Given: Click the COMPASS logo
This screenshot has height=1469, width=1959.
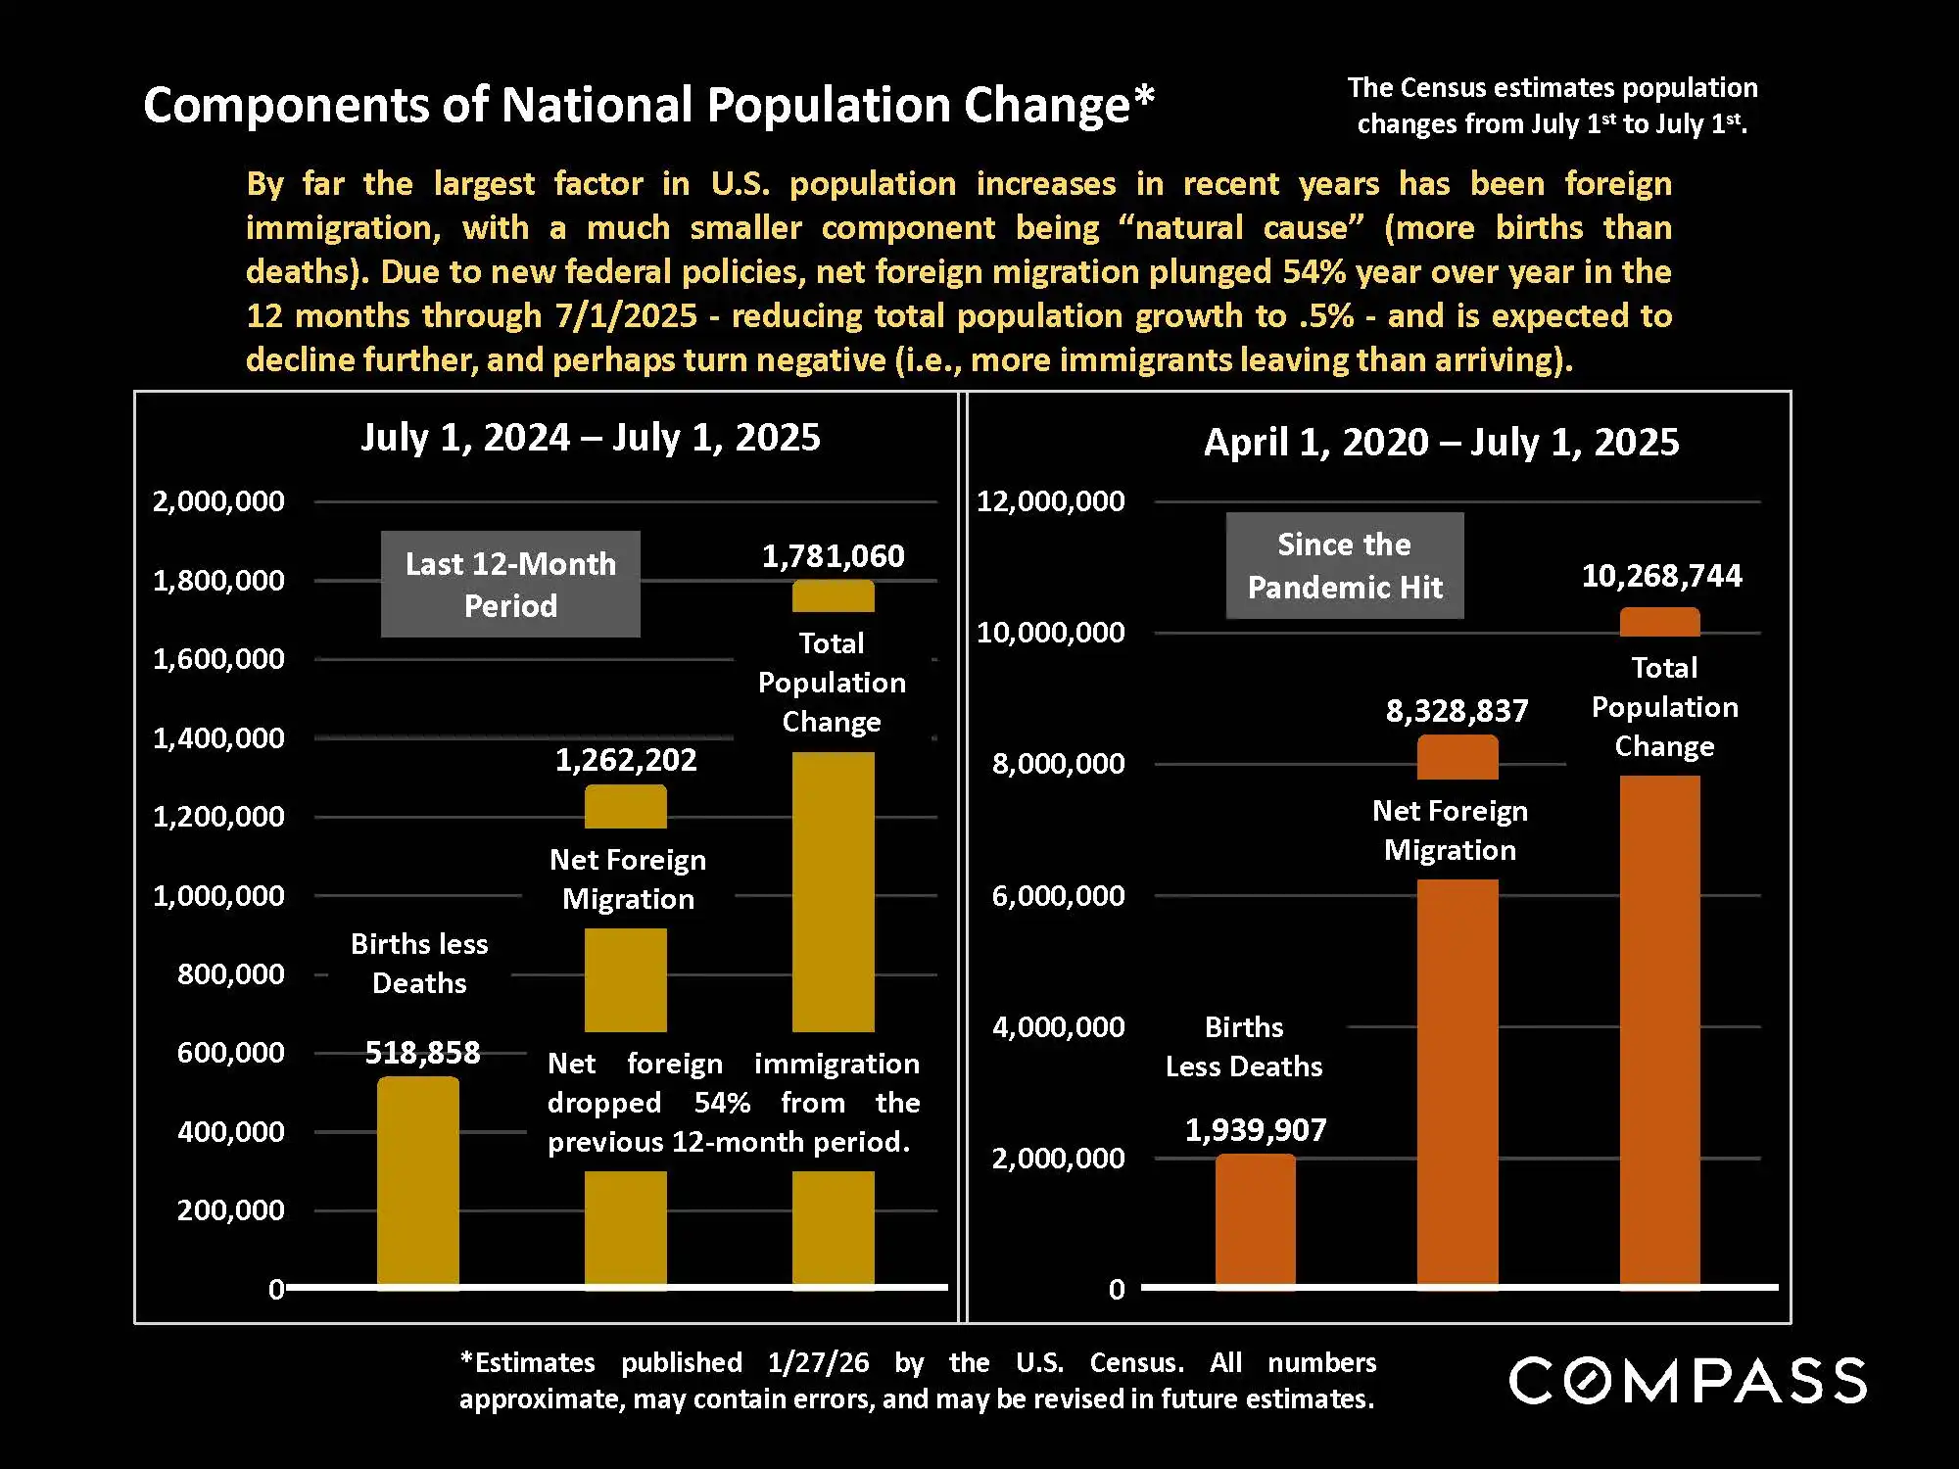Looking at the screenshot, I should pyautogui.click(x=1687, y=1381).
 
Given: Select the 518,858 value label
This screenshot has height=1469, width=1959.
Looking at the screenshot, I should pyautogui.click(x=422, y=1053).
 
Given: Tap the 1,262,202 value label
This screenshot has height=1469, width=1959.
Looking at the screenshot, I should pyautogui.click(x=626, y=760).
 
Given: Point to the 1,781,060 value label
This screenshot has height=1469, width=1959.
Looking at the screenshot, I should pyautogui.click(x=833, y=556).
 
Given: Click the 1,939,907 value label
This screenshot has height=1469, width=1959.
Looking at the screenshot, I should pyautogui.click(x=1255, y=1130).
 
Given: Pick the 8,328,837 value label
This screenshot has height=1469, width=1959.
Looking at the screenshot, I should pyautogui.click(x=1457, y=711).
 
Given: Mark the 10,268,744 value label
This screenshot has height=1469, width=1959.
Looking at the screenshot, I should pyautogui.click(x=1661, y=576).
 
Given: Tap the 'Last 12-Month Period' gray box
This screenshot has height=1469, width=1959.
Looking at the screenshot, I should pyautogui.click(x=510, y=585).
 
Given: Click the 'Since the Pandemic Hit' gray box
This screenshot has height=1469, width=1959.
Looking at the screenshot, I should pyautogui.click(x=1345, y=566).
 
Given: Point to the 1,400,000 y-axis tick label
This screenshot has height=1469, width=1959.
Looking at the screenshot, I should pyautogui.click(x=218, y=738).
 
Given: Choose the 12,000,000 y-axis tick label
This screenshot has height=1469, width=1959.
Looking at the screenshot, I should pyautogui.click(x=1050, y=501).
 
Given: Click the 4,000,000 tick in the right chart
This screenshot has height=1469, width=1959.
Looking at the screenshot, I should pyautogui.click(x=1058, y=1027).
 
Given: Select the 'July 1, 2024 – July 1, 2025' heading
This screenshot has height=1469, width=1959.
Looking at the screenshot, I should pyautogui.click(x=591, y=438).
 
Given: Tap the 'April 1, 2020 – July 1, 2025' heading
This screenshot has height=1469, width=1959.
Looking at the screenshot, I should pyautogui.click(x=1441, y=443).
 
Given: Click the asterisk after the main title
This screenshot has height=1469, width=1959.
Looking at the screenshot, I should pyautogui.click(x=1144, y=98).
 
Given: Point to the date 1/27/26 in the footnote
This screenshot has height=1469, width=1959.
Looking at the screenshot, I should pyautogui.click(x=818, y=1362).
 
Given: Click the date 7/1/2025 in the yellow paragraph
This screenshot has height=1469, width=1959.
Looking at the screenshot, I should pyautogui.click(x=626, y=316).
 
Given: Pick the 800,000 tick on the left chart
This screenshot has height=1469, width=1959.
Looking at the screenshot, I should pyautogui.click(x=230, y=974).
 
